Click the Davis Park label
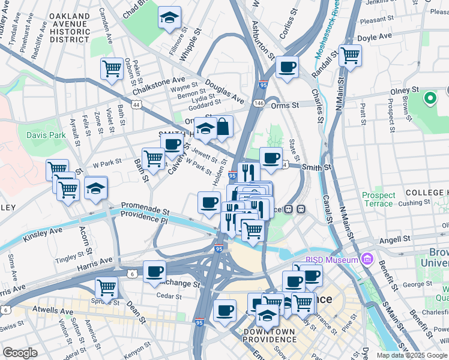(x=46, y=135)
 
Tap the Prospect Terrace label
(x=379, y=199)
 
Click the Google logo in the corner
(x=20, y=353)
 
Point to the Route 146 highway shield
(x=259, y=103)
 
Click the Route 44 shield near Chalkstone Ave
(x=137, y=104)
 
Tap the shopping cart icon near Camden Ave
(x=112, y=68)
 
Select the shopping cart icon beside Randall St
(x=350, y=56)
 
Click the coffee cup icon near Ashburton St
(x=288, y=67)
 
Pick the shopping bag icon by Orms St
(x=223, y=126)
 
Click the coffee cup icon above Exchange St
(x=154, y=271)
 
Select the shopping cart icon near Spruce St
(x=106, y=288)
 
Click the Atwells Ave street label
(x=54, y=310)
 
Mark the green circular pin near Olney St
(x=430, y=97)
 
